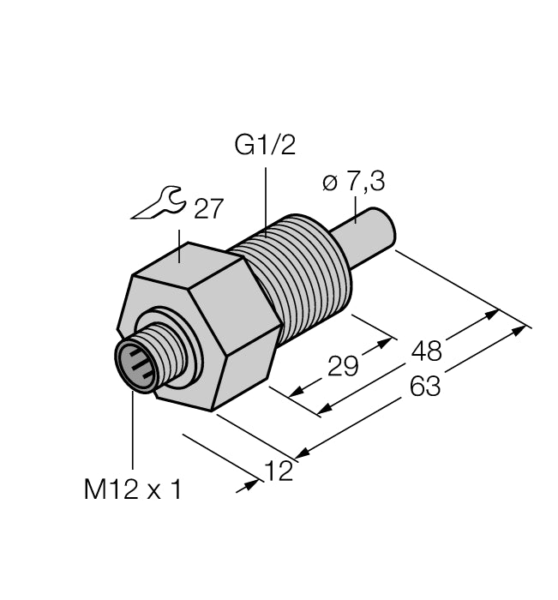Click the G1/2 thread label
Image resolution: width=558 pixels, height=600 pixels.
[265, 145]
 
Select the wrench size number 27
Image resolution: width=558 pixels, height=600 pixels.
[208, 209]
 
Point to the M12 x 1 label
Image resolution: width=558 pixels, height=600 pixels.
[133, 489]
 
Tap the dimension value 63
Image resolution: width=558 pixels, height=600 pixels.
[424, 387]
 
